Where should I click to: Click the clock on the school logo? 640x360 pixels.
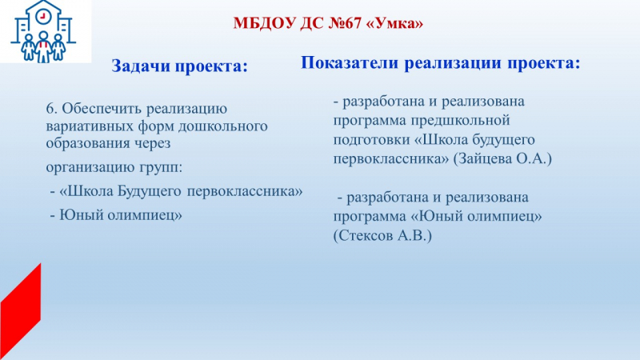click(x=42, y=17)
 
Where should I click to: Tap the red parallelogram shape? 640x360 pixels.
click(x=21, y=311)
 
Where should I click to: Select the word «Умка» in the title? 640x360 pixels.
click(x=394, y=23)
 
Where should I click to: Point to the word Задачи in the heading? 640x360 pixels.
click(x=142, y=66)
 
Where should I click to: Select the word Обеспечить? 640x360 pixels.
click(x=102, y=109)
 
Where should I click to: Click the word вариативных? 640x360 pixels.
click(x=90, y=126)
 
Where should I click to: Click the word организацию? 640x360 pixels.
click(x=90, y=168)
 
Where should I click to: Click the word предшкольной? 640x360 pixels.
click(x=461, y=121)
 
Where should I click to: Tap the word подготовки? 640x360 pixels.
click(x=371, y=140)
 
